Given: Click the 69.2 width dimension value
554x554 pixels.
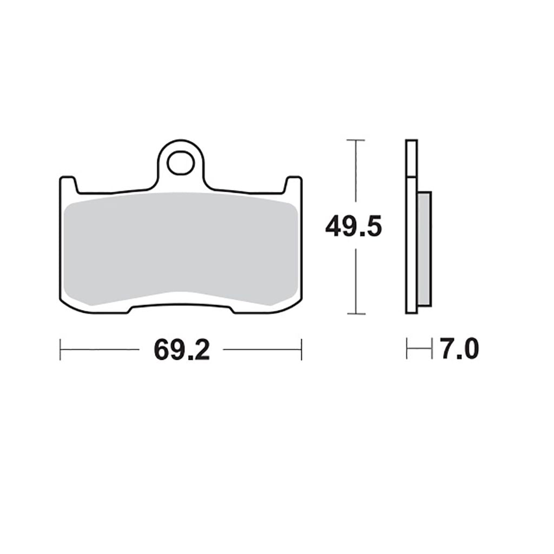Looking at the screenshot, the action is pyautogui.click(x=182, y=349).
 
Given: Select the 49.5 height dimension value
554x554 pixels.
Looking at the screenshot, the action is pyautogui.click(x=354, y=227).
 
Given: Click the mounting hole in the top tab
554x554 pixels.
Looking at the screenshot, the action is pyautogui.click(x=181, y=163).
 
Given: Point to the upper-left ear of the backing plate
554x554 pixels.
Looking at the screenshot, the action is pyautogui.click(x=68, y=184).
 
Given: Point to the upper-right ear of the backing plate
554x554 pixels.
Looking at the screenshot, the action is pyautogui.click(x=293, y=184).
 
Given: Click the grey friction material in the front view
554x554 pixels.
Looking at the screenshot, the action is pyautogui.click(x=180, y=248).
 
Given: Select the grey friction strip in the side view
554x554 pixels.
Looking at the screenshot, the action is pyautogui.click(x=424, y=249).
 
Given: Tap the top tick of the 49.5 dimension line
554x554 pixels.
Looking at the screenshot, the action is pyautogui.click(x=356, y=140).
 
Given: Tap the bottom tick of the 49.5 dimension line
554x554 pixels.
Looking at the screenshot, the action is pyautogui.click(x=356, y=313).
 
